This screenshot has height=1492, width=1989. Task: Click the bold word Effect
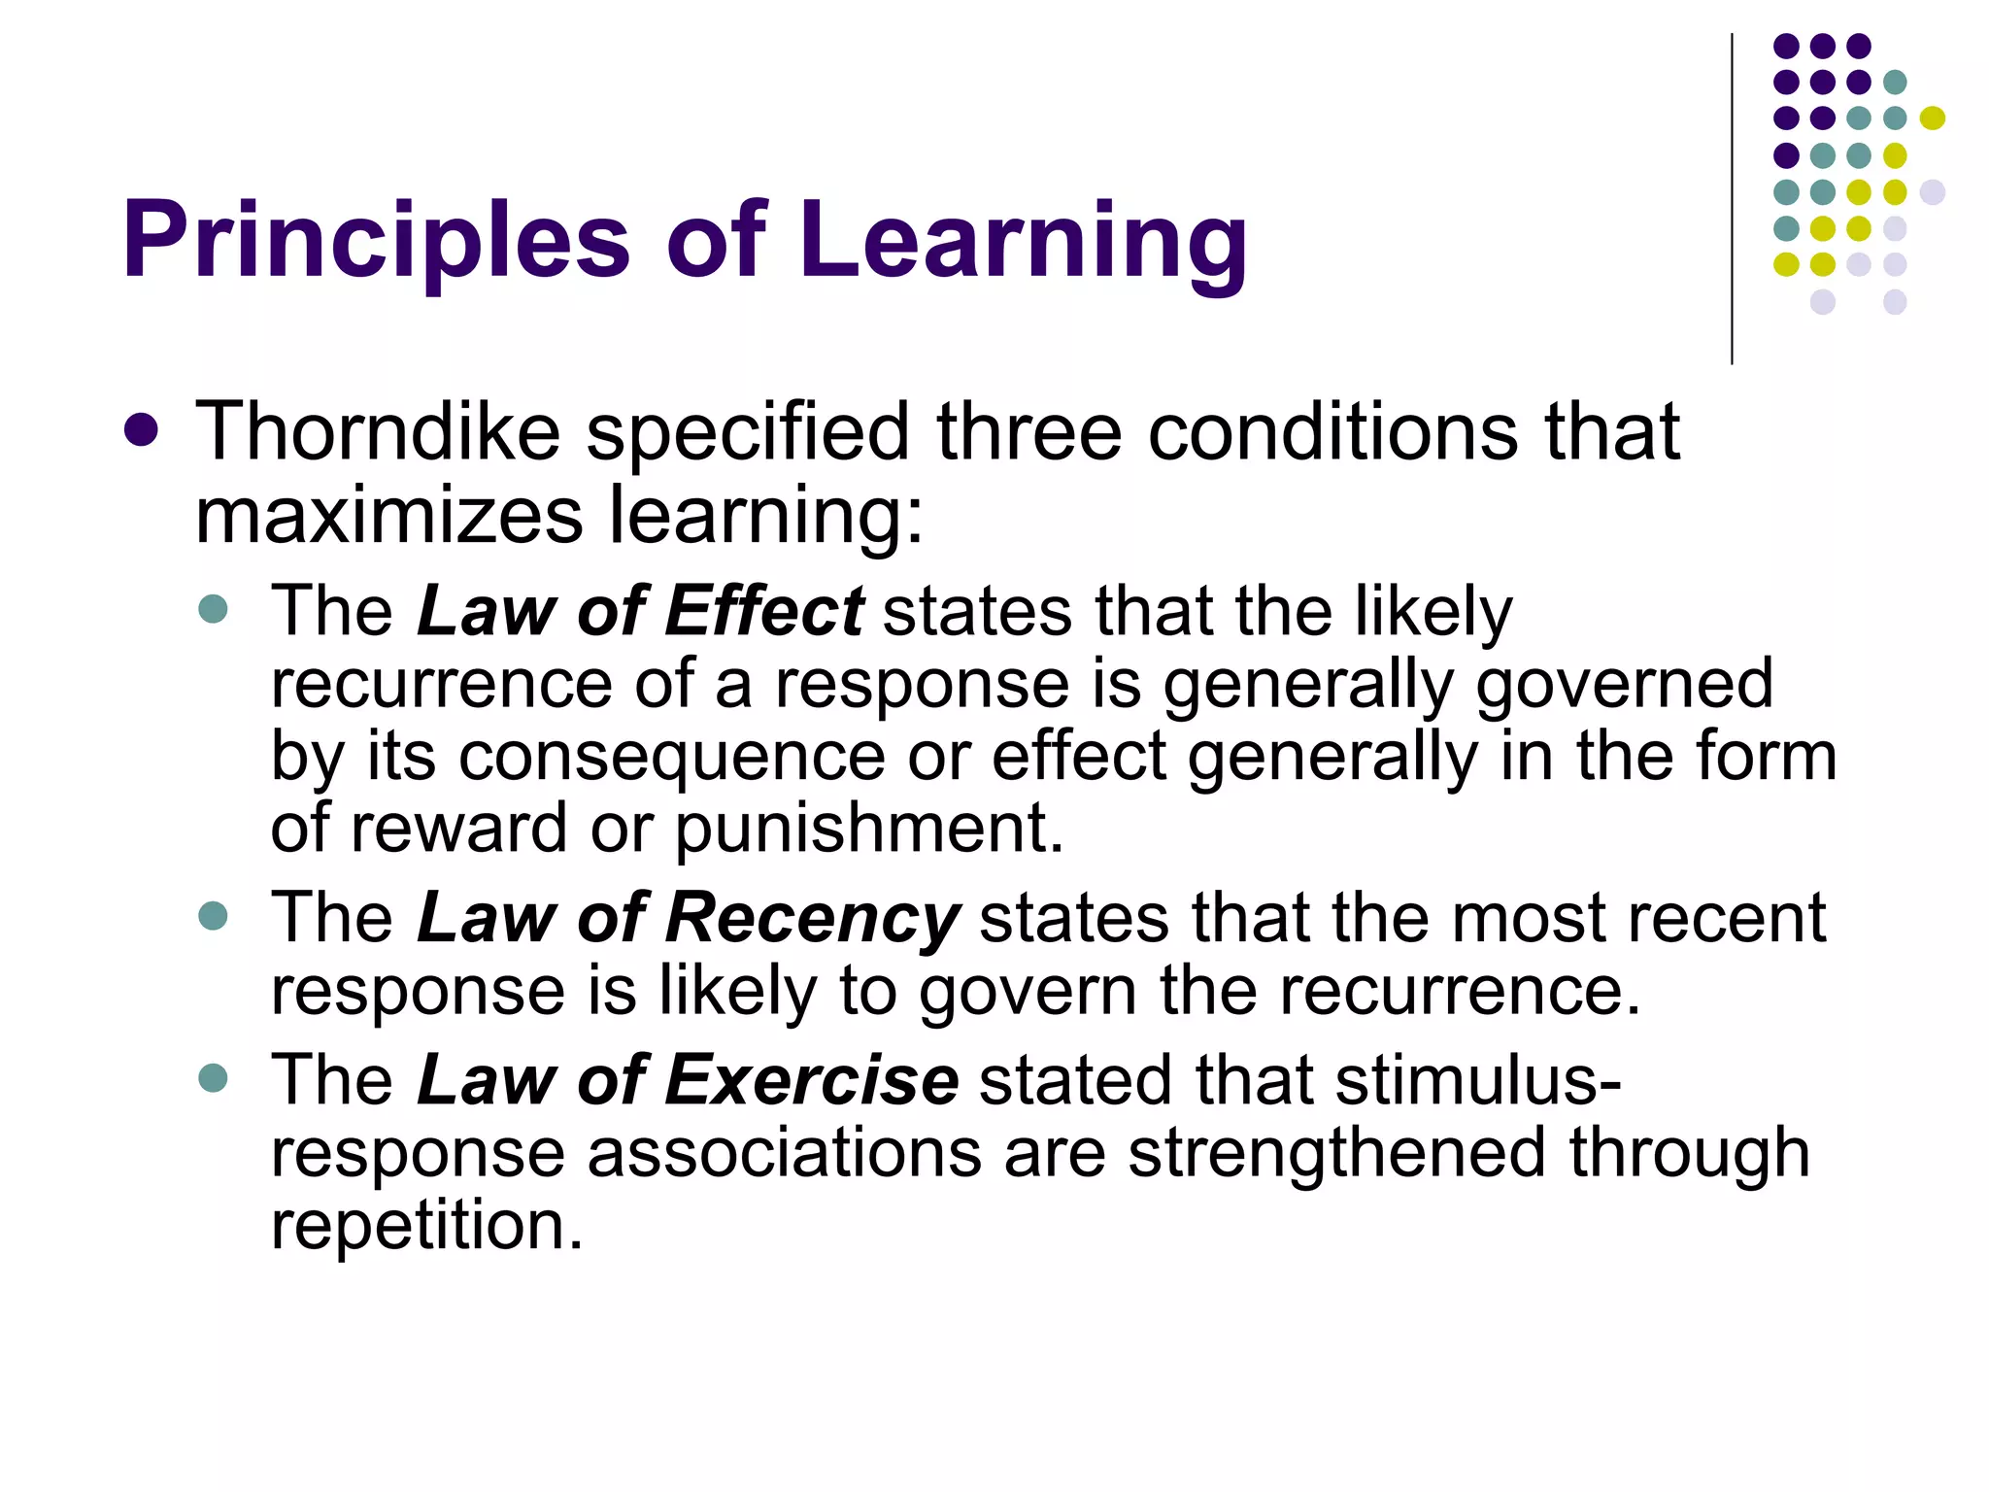[764, 611]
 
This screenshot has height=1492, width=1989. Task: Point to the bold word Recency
[813, 918]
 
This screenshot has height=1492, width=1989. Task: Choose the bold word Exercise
[812, 1080]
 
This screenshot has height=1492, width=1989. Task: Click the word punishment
[869, 829]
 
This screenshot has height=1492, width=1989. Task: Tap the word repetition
[427, 1226]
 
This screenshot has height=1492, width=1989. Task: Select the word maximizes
[389, 515]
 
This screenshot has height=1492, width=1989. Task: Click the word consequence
[672, 757]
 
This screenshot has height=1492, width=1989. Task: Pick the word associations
[785, 1153]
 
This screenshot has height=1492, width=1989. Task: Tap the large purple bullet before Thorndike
[142, 430]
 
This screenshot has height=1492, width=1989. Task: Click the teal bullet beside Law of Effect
[213, 609]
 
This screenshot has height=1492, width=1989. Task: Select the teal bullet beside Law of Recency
[213, 916]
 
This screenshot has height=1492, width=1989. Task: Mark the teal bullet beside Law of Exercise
[213, 1078]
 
